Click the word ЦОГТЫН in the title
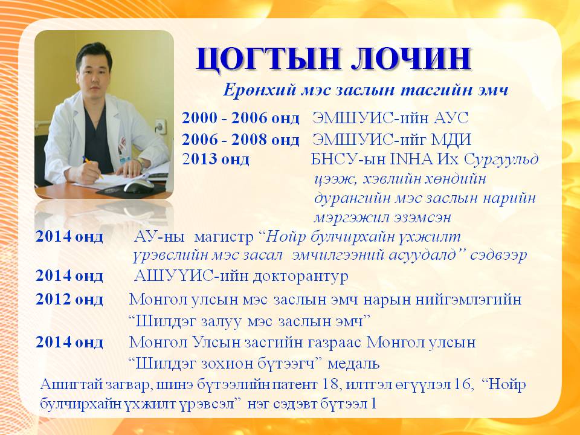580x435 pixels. click(269, 59)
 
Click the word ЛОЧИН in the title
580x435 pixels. click(411, 59)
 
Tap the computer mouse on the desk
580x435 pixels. click(138, 185)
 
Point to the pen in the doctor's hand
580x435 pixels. click(92, 167)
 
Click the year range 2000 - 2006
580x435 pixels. click(225, 118)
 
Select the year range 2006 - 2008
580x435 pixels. click(225, 140)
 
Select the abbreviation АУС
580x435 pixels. click(451, 118)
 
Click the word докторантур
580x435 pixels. click(300, 276)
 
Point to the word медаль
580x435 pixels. click(353, 364)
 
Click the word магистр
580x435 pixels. click(224, 237)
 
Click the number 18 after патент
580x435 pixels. click(330, 384)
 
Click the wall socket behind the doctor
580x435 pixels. click(159, 126)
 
